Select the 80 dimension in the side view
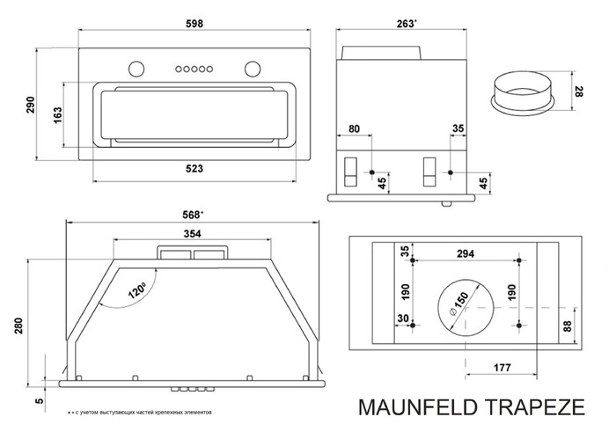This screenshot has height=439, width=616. pyautogui.click(x=353, y=129)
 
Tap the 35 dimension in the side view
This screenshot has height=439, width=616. pyautogui.click(x=457, y=129)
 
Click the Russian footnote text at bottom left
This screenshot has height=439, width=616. pyautogui.click(x=140, y=413)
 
